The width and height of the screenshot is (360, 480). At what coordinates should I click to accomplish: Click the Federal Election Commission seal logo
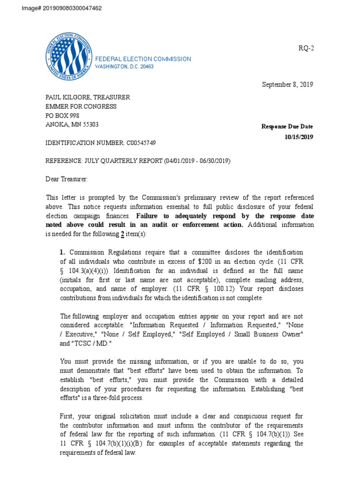click(x=68, y=59)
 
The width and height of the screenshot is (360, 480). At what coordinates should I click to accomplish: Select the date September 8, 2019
click(x=287, y=85)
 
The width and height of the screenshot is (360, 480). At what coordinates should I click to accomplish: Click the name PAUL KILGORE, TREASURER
click(x=88, y=97)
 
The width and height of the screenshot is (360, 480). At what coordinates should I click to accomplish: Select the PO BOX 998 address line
click(x=61, y=116)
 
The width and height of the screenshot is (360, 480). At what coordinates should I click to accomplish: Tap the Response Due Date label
click(x=287, y=127)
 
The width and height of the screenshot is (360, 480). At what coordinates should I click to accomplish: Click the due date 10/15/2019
click(x=299, y=137)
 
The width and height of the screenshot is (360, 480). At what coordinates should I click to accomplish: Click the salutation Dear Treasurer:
click(x=67, y=179)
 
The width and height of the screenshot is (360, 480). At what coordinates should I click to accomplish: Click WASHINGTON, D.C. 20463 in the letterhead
click(x=124, y=67)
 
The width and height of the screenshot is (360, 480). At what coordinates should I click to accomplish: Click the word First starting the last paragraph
click(x=67, y=416)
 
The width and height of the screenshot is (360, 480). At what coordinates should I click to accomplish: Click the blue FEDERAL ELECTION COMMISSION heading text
click(x=143, y=59)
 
